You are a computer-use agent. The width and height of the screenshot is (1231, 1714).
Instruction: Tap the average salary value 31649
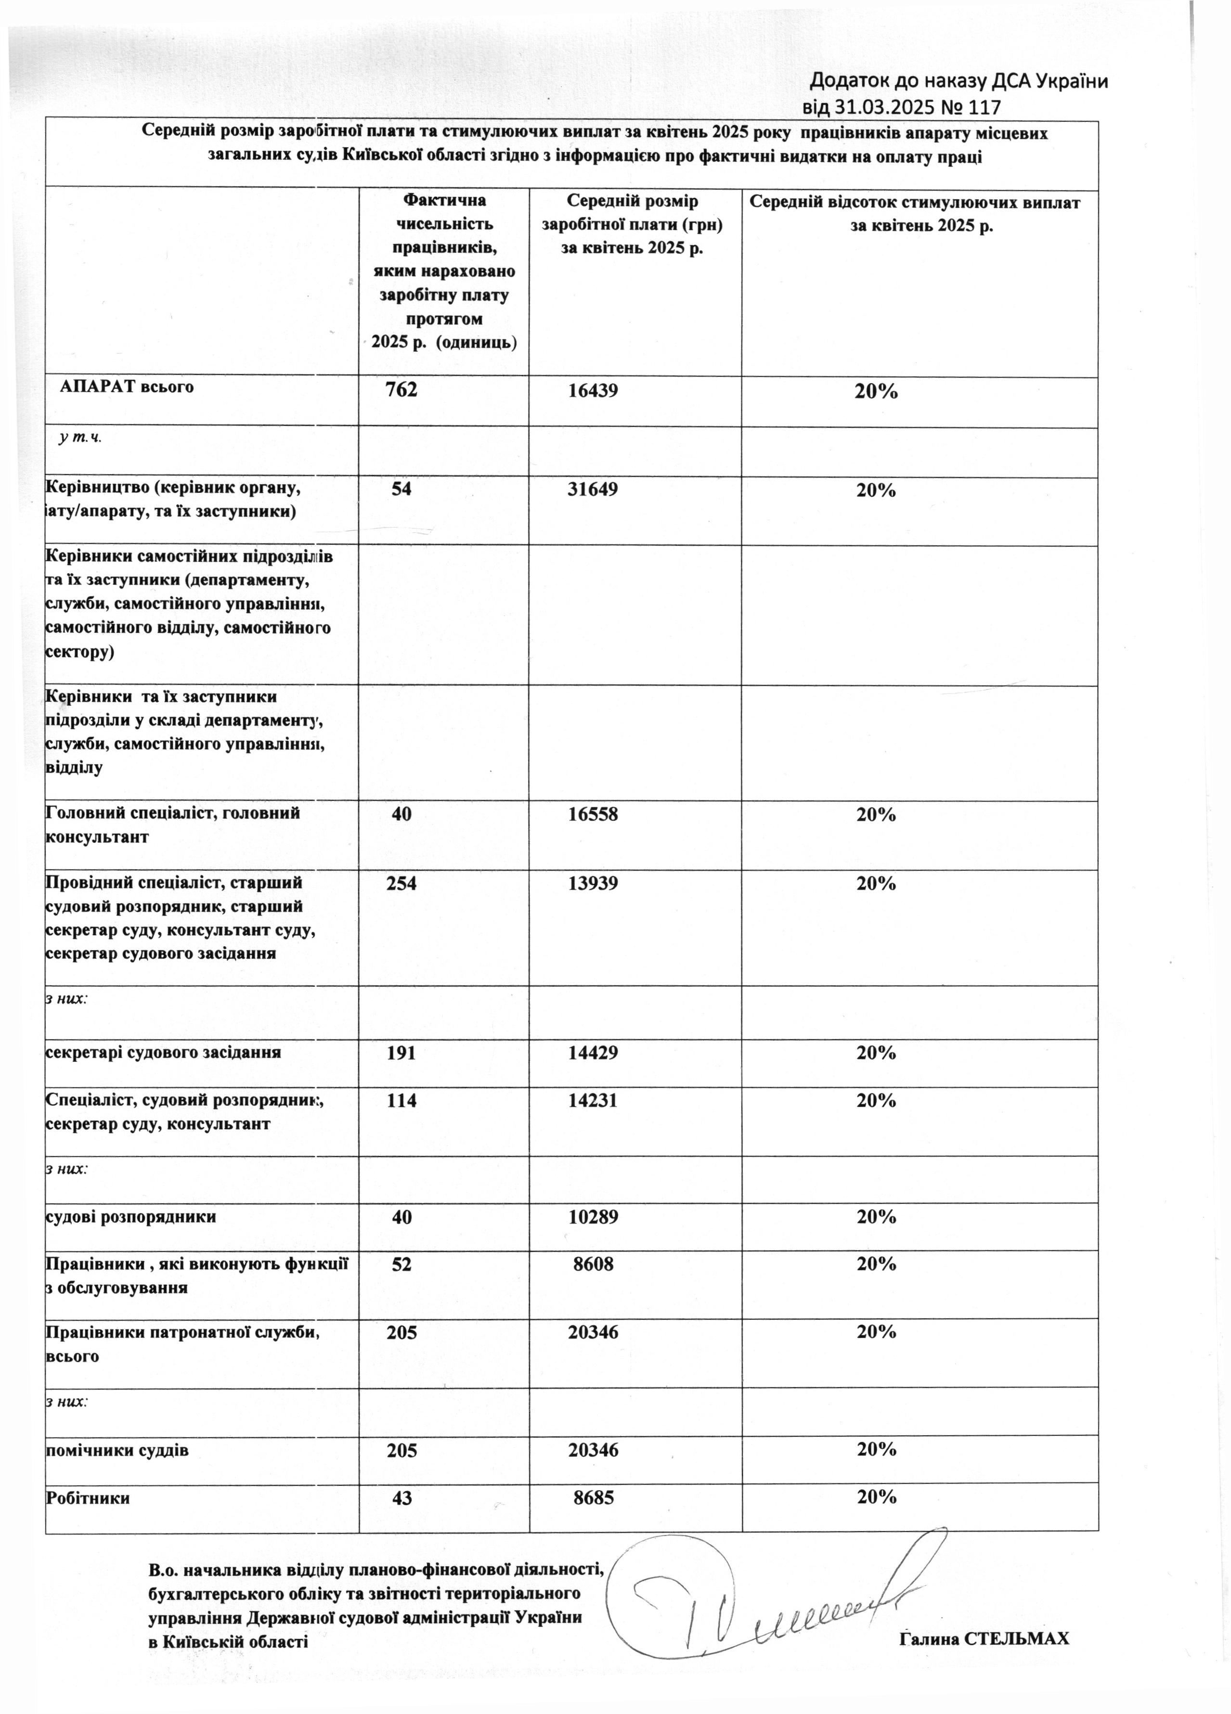pos(593,490)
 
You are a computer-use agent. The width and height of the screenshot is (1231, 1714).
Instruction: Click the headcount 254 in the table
pos(401,883)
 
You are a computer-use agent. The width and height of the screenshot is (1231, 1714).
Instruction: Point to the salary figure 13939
pos(593,883)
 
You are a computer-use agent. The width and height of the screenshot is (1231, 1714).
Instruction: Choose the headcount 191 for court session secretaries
pos(401,1052)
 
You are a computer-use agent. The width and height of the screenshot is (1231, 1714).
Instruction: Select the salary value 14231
pos(593,1100)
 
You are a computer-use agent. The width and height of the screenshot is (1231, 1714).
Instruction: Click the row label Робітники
pos(88,1498)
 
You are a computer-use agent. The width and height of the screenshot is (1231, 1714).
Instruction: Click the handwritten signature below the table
pos(763,1602)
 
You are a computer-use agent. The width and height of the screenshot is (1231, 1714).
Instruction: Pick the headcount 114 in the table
pos(401,1100)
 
